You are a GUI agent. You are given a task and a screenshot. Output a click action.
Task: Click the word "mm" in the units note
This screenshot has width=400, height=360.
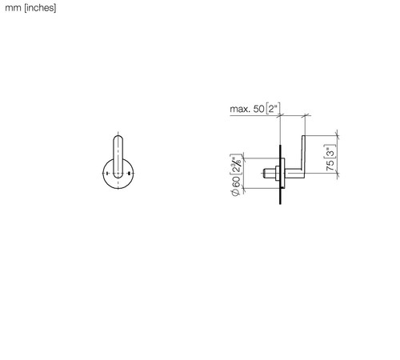[x=13, y=8]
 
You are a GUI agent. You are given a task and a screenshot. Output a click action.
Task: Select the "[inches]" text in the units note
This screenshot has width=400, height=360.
[x=40, y=8]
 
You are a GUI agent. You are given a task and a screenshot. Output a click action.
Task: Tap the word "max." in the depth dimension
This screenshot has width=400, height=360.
[x=240, y=109]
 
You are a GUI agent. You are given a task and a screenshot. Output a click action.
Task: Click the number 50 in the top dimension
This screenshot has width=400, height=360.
[x=258, y=109]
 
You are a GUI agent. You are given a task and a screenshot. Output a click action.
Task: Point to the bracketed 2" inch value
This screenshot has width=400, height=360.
[x=273, y=109]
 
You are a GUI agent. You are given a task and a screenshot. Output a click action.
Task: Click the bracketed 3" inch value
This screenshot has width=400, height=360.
[x=330, y=152]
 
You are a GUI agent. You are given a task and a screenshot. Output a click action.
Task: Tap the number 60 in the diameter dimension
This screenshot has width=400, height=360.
[x=236, y=182]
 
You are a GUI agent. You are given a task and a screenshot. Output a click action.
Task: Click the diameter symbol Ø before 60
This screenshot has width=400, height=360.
[x=236, y=192]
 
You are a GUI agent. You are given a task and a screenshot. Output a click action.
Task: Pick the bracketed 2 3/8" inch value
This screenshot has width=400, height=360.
[x=236, y=165]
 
